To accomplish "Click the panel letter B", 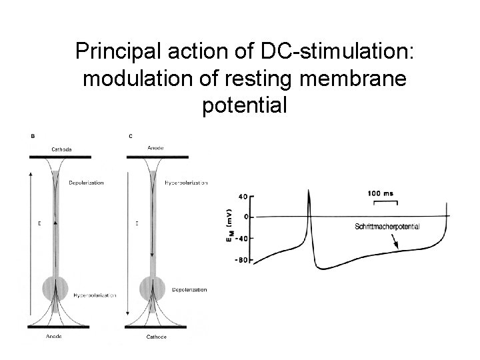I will [33, 136].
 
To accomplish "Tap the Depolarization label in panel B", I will [86, 183].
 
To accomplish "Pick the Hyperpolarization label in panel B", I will [93, 293].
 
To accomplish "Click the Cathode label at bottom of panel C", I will [157, 337].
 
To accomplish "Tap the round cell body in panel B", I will [55, 289].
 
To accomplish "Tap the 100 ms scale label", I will [380, 194].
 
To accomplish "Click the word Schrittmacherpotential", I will [387, 227].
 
